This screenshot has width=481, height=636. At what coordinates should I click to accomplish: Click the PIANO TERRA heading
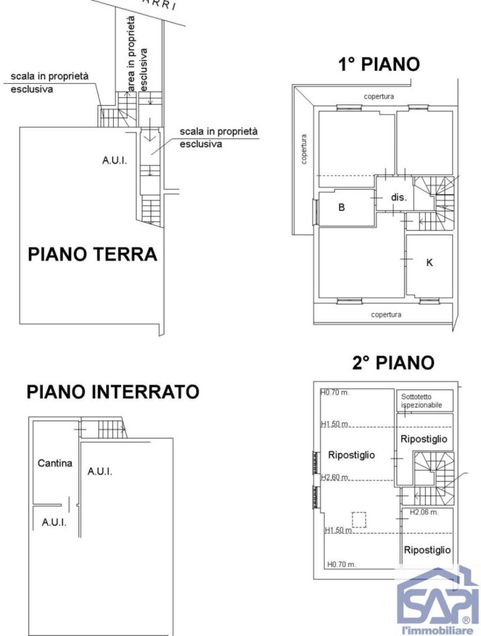click(x=92, y=255)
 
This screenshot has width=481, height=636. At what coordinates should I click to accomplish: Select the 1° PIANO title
click(x=378, y=64)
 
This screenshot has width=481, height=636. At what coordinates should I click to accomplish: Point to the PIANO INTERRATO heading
click(x=112, y=392)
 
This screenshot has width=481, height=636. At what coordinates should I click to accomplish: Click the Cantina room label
click(x=55, y=463)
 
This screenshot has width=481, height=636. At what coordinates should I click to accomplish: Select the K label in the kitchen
click(x=429, y=263)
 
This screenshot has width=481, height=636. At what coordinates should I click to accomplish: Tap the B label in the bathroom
click(x=341, y=207)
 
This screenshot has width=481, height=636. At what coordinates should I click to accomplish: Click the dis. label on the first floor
click(x=398, y=198)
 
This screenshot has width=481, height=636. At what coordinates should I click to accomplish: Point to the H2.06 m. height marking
click(x=424, y=512)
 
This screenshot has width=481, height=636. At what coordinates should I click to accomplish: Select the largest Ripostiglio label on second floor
click(x=351, y=455)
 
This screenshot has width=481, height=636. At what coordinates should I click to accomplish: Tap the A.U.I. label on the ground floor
click(x=114, y=160)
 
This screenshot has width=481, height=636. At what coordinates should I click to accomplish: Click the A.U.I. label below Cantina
click(x=54, y=522)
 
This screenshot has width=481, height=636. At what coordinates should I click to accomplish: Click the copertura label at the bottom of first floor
click(x=386, y=314)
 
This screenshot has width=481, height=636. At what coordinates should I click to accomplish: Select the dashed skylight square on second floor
click(x=359, y=519)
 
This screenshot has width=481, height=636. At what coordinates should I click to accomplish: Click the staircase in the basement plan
click(x=104, y=429)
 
